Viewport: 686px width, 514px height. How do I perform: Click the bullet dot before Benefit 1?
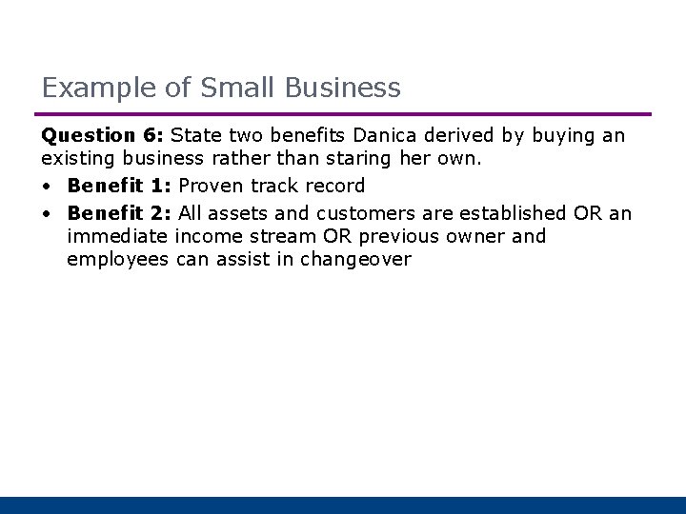(47, 186)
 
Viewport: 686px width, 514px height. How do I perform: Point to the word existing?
(77, 160)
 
